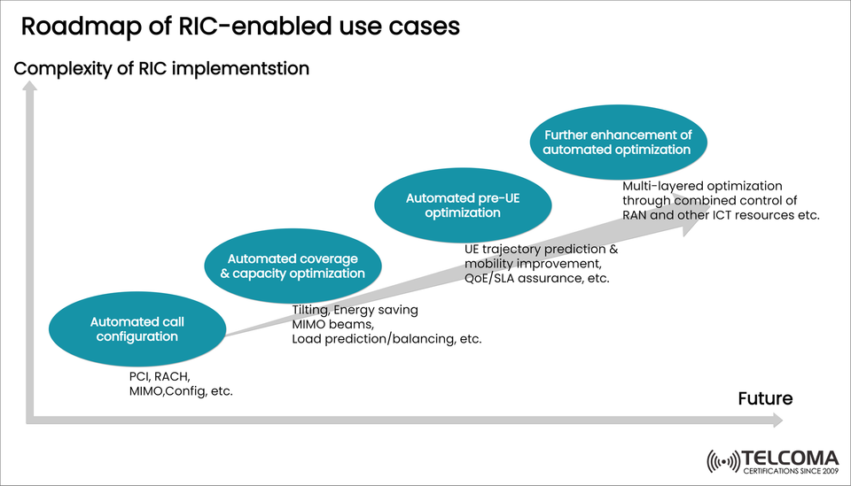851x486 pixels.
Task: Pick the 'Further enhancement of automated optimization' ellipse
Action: pos(617,143)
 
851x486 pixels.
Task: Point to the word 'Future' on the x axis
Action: pos(765,398)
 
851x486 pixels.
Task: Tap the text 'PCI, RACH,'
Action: pos(160,376)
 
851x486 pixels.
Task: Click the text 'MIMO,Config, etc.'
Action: pos(181,391)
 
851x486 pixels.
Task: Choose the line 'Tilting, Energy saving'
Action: pos(355,310)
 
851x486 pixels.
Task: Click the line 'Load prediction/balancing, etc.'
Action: pos(386,339)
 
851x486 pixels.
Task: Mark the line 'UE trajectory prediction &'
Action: pos(541,250)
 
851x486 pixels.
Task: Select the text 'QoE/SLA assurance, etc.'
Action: pos(536,279)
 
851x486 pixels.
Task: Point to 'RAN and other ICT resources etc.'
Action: pos(721,215)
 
